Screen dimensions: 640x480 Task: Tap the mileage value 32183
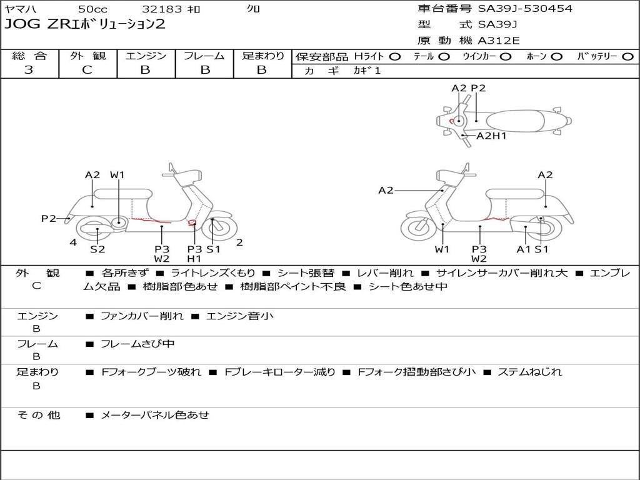(162, 9)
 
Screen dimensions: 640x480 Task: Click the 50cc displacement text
(92, 9)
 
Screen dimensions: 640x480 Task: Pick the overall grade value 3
(29, 70)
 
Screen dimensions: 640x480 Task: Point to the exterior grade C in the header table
(87, 70)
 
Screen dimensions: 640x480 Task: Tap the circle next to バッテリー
(628, 57)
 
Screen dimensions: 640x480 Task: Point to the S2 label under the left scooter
(97, 249)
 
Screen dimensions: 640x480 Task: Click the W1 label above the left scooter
(117, 175)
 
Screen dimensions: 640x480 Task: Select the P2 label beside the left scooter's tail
(49, 218)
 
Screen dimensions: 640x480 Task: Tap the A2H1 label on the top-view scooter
(491, 136)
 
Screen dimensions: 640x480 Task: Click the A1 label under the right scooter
(524, 249)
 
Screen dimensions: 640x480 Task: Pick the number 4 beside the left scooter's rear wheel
(73, 242)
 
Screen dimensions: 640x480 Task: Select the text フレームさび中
(137, 344)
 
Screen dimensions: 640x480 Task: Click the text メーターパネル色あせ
(154, 414)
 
